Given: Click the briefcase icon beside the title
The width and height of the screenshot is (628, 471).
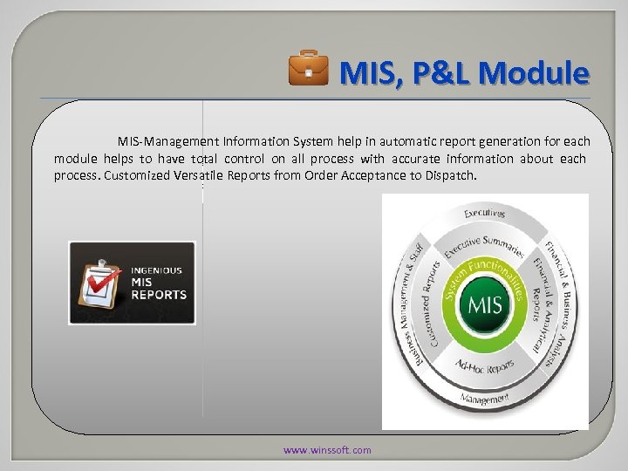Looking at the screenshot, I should [309, 70].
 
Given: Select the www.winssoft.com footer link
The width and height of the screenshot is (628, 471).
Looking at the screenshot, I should [327, 450].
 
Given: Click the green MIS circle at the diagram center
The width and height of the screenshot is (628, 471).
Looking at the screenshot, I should [484, 305].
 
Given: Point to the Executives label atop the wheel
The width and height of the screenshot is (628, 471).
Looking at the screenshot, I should [484, 212].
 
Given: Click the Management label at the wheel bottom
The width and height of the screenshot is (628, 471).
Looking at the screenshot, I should [484, 399].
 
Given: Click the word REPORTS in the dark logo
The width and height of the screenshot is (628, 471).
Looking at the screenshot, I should [159, 295].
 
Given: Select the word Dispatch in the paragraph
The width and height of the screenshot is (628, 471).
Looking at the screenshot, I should [452, 176].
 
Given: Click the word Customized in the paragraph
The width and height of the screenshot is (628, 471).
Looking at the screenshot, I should [139, 176].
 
